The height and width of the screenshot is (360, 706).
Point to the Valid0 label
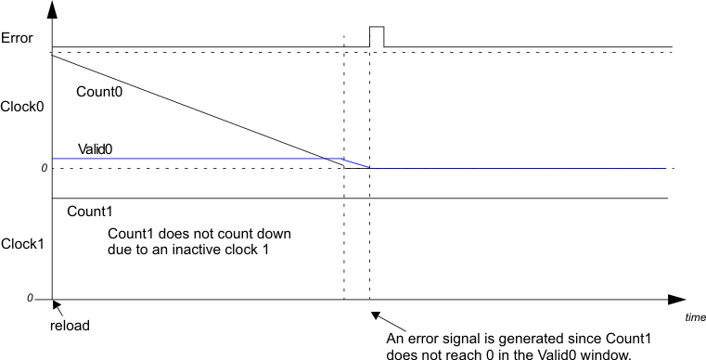click(x=96, y=148)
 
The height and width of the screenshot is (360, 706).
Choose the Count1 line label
click(x=90, y=212)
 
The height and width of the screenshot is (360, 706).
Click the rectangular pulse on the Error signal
click(x=377, y=36)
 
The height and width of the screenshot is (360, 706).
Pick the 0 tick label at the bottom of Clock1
click(x=30, y=299)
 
